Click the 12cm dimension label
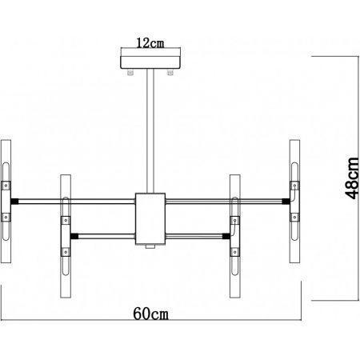click(x=150, y=43)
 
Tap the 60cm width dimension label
click(x=151, y=314)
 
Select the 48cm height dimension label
click(x=352, y=178)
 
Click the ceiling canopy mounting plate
click(x=150, y=62)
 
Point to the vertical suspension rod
click(x=150, y=131)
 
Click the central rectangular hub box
click(x=150, y=218)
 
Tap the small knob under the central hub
click(x=150, y=246)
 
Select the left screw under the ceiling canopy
click(x=130, y=72)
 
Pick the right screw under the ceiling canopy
click(x=170, y=72)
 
